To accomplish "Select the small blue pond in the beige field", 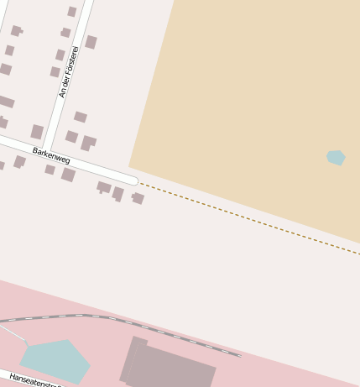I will tap(336, 157).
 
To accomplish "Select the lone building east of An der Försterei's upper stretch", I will tap(91, 42).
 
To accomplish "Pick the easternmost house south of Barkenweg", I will tap(138, 198).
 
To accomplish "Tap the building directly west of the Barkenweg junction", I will tap(37, 132).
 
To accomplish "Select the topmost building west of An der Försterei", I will tap(72, 12).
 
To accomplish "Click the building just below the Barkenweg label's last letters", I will tap(68, 175).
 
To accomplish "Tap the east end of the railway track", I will tap(239, 355).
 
